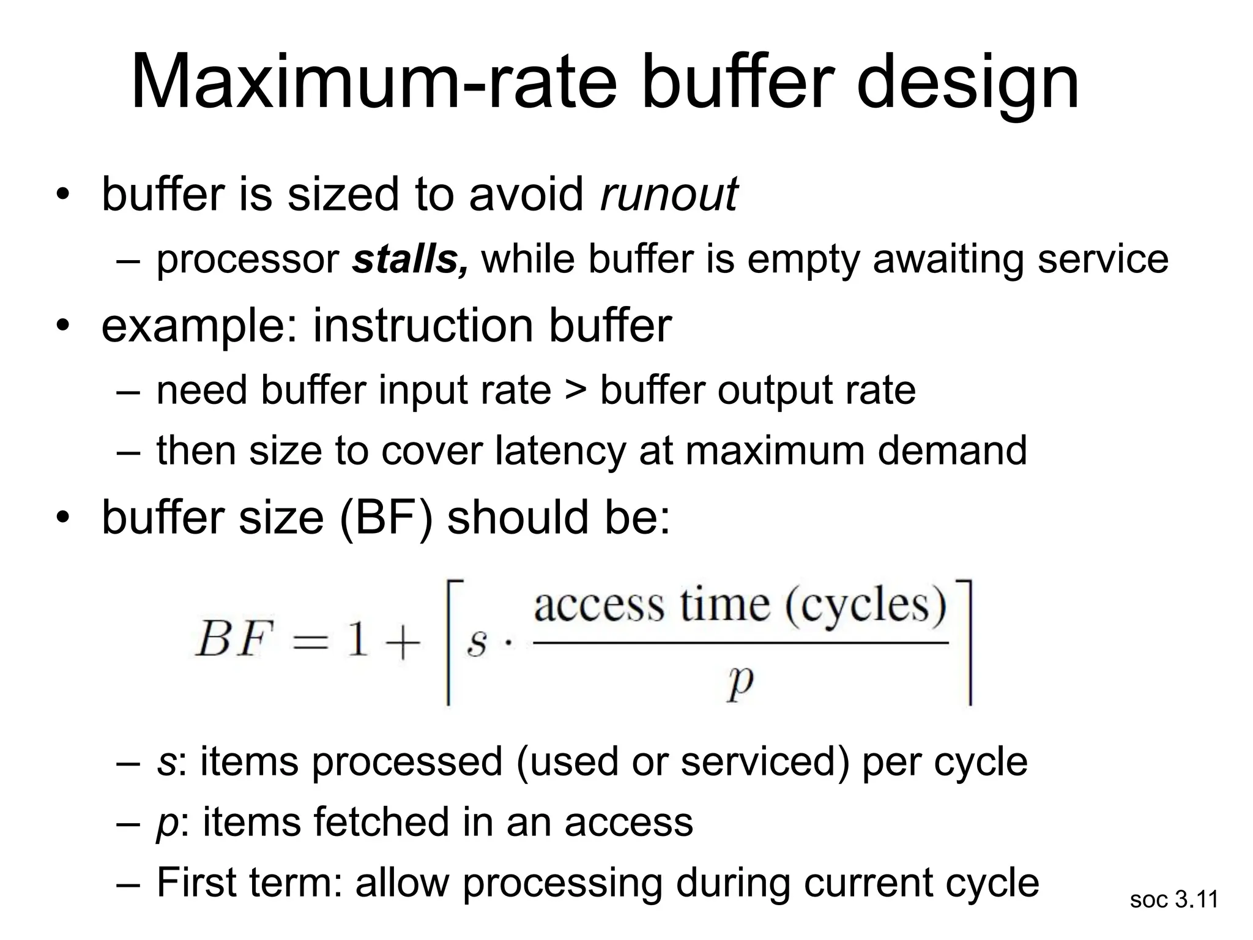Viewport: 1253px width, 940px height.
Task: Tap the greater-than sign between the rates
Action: pyautogui.click(x=575, y=390)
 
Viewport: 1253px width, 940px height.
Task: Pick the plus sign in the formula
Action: pyautogui.click(x=401, y=643)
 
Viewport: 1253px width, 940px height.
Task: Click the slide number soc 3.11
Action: pyautogui.click(x=1174, y=900)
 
